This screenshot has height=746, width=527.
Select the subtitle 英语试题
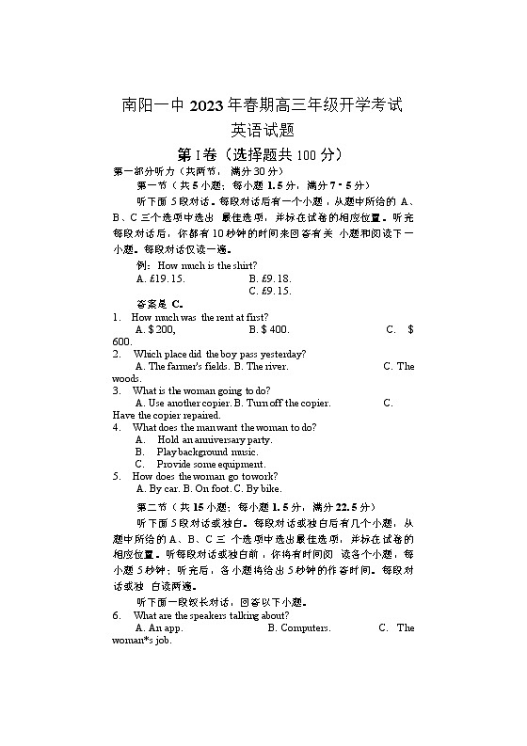tap(263, 130)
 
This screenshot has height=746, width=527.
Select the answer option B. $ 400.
tap(269, 329)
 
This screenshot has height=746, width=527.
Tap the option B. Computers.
tap(299, 627)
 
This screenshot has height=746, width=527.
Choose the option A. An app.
tap(159, 627)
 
